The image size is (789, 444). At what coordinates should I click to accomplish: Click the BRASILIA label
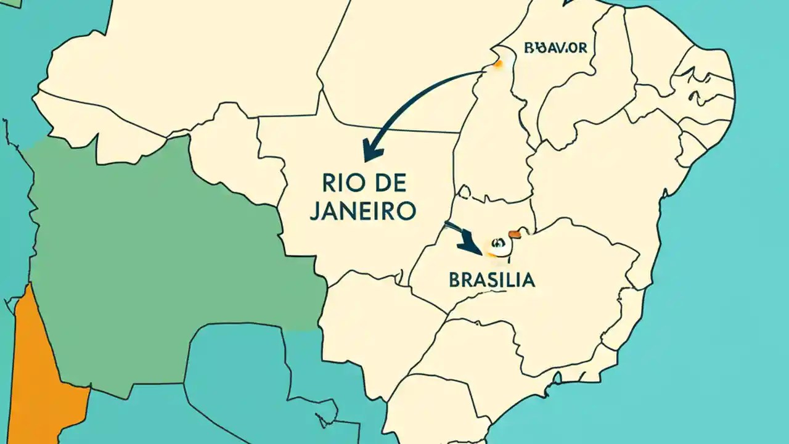(492, 279)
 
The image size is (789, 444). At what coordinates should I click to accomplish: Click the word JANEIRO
(362, 211)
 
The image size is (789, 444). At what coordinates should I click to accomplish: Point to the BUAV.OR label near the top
(555, 47)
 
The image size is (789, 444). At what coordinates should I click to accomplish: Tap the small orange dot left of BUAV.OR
(497, 64)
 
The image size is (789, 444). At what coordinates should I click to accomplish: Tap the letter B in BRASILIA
(455, 279)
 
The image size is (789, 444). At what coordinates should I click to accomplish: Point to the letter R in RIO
(328, 183)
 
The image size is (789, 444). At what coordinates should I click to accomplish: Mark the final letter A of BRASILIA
(529, 279)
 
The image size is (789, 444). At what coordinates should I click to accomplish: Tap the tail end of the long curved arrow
(482, 73)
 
